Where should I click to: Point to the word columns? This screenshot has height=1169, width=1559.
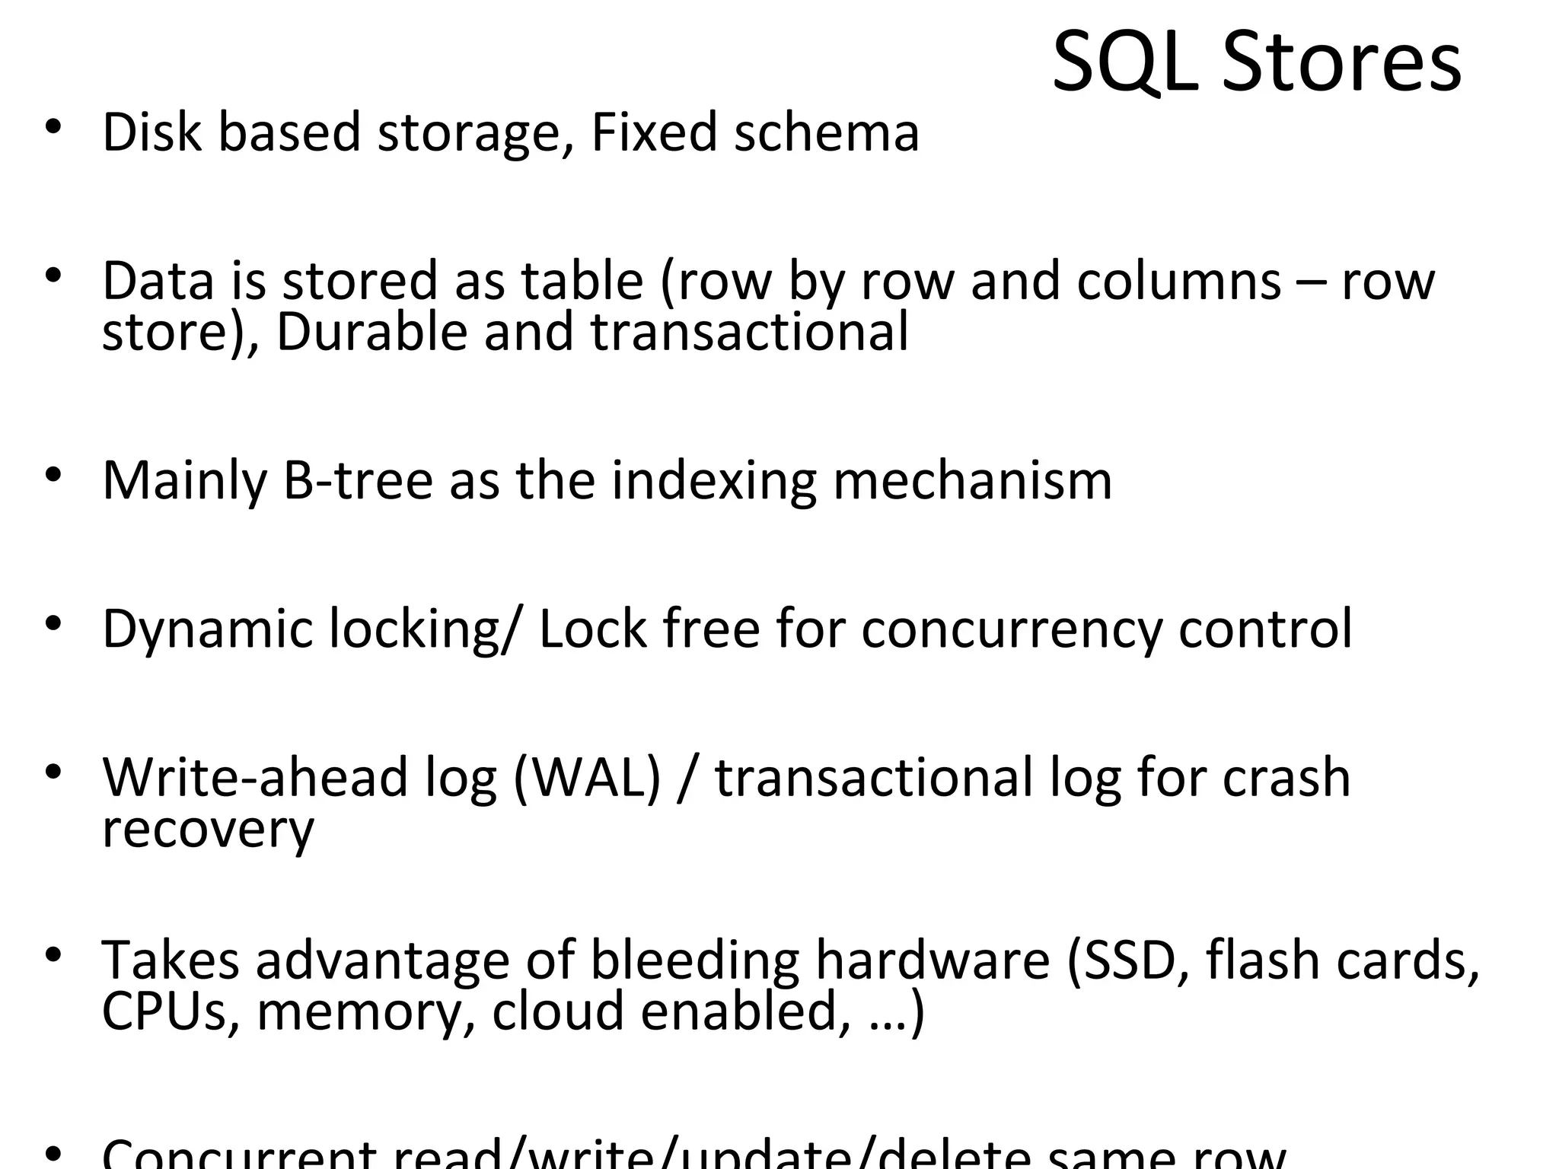tap(1179, 282)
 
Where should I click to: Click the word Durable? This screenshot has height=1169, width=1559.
tap(371, 333)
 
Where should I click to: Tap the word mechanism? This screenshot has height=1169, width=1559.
tap(972, 481)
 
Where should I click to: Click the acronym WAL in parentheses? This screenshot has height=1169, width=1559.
tap(587, 778)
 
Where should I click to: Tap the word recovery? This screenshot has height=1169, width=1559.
tap(208, 830)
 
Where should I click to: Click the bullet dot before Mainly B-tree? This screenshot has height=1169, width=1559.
tap(52, 475)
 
